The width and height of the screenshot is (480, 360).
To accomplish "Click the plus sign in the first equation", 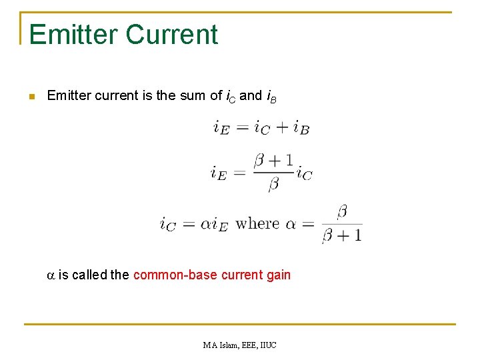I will (x=281, y=127).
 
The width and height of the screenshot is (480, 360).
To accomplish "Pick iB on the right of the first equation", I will (x=301, y=127).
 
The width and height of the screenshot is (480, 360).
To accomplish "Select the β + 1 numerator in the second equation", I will (x=273, y=160).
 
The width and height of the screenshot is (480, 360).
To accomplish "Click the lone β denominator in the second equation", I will (x=273, y=184).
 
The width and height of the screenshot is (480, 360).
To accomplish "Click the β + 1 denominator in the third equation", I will (x=342, y=235).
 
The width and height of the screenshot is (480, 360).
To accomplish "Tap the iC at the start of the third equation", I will (x=168, y=224).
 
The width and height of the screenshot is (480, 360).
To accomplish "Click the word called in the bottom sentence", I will (x=89, y=274).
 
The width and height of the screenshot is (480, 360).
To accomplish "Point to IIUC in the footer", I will (x=267, y=345).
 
